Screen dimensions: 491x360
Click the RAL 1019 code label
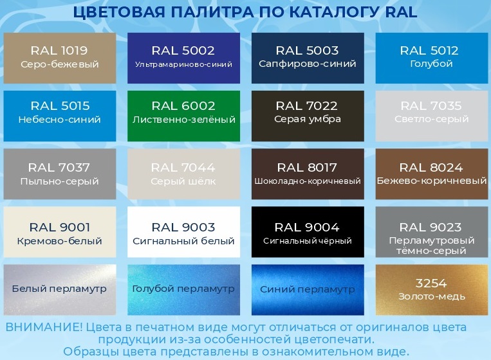click(59, 50)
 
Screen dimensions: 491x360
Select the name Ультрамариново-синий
click(184, 64)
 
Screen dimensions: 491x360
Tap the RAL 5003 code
click(307, 50)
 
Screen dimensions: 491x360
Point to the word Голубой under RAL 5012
click(431, 64)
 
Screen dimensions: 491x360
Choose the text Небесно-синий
click(59, 120)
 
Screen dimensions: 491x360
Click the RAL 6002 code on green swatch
click(183, 106)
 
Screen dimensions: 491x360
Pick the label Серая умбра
click(308, 119)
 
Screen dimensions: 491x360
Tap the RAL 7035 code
click(431, 106)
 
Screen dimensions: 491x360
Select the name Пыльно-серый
click(59, 181)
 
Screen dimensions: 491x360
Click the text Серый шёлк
click(183, 181)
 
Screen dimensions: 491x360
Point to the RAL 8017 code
click(307, 168)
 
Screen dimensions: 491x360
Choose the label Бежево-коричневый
click(432, 181)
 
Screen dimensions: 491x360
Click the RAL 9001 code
click(59, 228)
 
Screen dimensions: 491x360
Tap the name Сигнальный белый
click(183, 241)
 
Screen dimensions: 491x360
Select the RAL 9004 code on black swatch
click(307, 228)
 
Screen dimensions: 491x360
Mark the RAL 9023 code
click(431, 228)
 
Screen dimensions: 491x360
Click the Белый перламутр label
click(59, 289)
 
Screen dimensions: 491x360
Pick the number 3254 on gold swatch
click(431, 283)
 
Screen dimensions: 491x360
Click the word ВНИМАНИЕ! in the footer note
click(44, 327)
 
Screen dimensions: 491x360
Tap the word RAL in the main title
click(402, 12)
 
